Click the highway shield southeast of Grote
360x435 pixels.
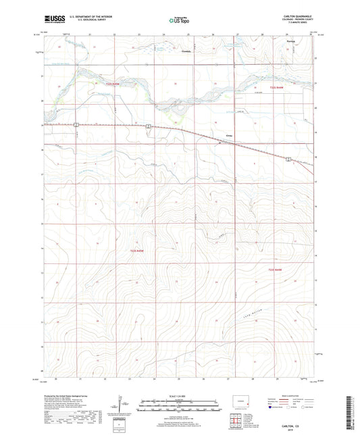pyautogui.click(x=288, y=159)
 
